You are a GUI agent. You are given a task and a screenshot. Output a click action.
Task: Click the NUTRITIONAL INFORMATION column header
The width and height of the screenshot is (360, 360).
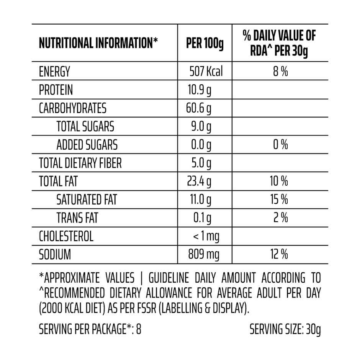point(98,43)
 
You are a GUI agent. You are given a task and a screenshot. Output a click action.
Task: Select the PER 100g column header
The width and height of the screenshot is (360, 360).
point(205,43)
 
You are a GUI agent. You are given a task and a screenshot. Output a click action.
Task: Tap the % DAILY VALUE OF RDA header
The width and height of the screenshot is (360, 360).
point(280,43)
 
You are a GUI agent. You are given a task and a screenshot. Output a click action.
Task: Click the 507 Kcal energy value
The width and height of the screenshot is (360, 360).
point(206,72)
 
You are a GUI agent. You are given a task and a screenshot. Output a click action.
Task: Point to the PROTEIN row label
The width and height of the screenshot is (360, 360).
point(56,90)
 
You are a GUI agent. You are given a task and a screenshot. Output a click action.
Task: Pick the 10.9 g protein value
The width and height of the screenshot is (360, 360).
point(199,90)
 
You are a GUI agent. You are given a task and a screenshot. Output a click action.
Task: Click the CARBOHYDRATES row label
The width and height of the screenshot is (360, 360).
point(73,108)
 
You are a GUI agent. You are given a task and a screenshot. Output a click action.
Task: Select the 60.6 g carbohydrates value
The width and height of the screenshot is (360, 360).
point(199,108)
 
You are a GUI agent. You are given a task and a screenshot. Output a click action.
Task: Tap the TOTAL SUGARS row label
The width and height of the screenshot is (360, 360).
point(85,126)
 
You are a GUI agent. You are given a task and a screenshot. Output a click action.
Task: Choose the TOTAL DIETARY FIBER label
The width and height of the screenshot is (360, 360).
point(80,163)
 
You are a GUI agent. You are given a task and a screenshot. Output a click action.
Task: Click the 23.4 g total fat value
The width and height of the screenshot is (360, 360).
point(199,181)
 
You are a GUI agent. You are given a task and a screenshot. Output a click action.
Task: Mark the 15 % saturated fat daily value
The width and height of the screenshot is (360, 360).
point(280,200)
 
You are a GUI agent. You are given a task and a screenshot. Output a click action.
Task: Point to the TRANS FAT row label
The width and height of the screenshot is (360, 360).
point(77,218)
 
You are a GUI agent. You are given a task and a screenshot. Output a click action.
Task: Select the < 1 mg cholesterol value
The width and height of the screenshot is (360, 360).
point(206,236)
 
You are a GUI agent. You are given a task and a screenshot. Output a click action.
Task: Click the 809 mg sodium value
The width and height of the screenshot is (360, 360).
point(204,254)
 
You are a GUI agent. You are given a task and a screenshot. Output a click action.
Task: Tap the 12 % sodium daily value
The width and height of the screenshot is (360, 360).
point(280,254)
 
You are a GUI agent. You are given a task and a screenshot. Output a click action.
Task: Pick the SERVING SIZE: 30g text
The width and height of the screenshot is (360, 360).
point(285,329)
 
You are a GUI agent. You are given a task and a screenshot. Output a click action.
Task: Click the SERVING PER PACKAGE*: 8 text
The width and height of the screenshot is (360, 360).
point(90,329)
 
